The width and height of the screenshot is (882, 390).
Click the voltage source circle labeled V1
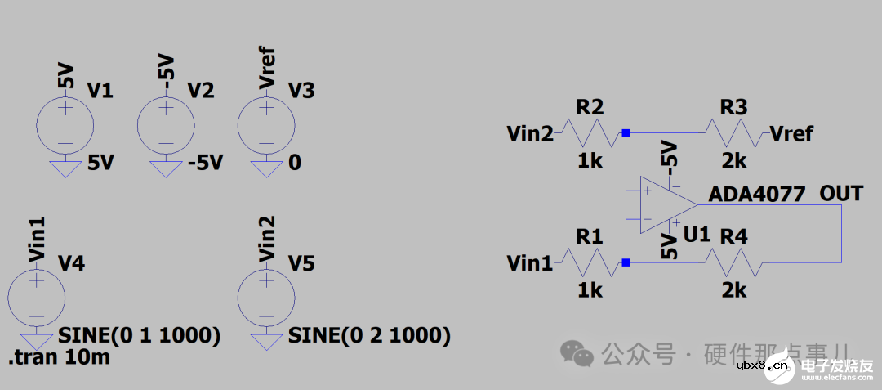(x=65, y=125)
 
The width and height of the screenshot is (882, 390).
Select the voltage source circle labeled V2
(x=166, y=125)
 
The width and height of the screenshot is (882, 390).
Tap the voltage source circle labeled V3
(x=265, y=125)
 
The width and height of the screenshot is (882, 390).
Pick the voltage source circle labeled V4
(x=36, y=298)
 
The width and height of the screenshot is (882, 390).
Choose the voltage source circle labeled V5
(x=265, y=298)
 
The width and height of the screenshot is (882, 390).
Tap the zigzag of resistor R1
(x=590, y=262)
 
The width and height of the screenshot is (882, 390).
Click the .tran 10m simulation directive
(x=59, y=357)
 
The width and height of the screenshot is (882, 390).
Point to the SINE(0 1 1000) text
(x=140, y=336)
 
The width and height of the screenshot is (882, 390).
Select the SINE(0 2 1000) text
(x=369, y=336)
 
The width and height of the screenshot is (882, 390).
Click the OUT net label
(x=841, y=194)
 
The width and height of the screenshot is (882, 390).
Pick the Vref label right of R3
(x=791, y=133)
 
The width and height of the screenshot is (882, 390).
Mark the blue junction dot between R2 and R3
(x=626, y=132)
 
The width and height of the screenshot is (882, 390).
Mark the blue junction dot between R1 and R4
(x=626, y=262)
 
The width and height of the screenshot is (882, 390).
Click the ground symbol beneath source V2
(x=166, y=168)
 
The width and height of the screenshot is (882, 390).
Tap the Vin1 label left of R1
(x=529, y=263)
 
